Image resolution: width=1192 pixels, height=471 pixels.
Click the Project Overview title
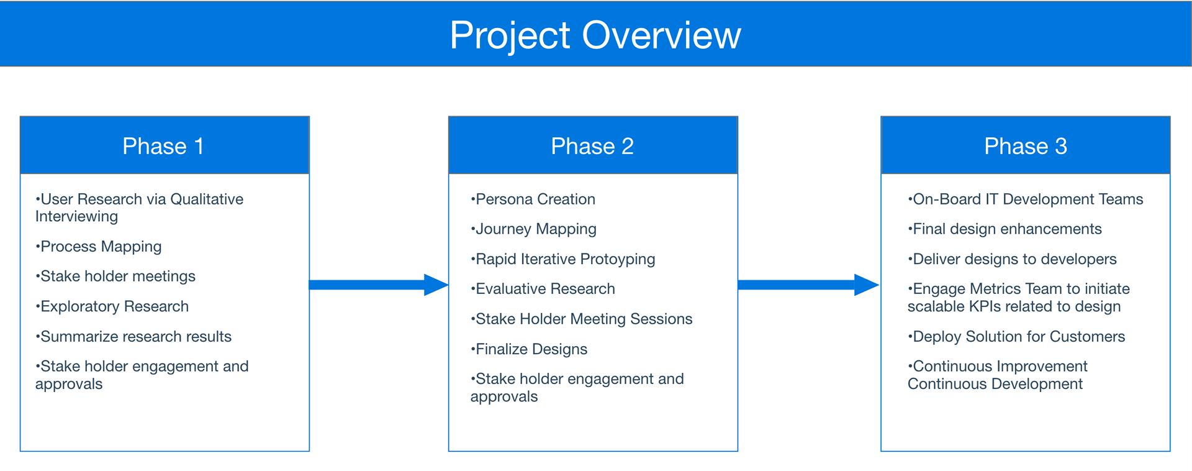coord(595,35)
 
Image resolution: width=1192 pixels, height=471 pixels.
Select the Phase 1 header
coord(165,145)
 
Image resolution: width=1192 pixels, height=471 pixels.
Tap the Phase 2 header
coord(593,145)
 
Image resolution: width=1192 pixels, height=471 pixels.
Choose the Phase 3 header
coord(1026,145)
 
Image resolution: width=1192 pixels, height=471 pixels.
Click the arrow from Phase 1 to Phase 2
coord(379,285)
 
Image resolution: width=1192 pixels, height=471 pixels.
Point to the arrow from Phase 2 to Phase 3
coord(809,285)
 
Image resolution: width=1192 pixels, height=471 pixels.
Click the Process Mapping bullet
coord(99,247)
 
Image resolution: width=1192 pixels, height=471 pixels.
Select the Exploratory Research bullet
coord(112,306)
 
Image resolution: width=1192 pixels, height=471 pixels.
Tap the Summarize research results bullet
coord(133,336)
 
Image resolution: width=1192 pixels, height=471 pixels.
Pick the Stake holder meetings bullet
coord(115,277)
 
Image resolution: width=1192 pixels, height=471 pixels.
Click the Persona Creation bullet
coord(533,199)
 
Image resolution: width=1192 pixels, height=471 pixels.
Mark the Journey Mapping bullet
coord(533,229)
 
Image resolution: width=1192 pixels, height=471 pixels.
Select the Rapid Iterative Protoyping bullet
coord(562,259)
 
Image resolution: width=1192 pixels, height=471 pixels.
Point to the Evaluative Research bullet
coord(543,289)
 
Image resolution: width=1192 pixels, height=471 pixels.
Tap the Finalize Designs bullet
coord(529,349)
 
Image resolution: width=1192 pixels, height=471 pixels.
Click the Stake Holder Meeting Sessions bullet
coord(581,319)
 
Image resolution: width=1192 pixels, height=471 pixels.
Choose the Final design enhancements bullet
coord(1005,229)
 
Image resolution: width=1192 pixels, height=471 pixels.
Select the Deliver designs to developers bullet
coord(1012,259)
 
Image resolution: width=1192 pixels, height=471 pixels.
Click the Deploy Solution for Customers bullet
coord(1016,337)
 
